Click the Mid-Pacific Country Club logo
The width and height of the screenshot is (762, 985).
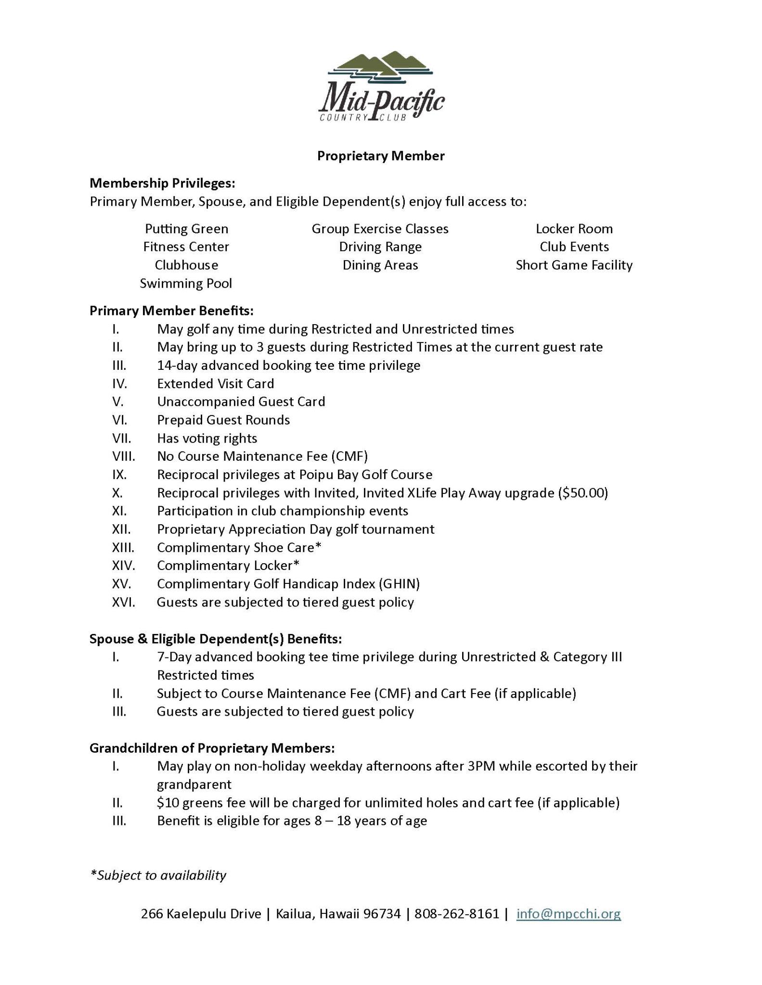point(381,87)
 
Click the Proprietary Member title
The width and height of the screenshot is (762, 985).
point(380,156)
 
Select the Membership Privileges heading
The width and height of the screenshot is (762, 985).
point(162,183)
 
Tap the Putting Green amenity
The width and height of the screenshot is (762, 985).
point(186,229)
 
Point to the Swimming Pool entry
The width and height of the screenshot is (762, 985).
point(186,283)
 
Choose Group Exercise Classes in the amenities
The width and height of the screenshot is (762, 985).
point(380,229)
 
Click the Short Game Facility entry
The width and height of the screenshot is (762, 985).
point(574,265)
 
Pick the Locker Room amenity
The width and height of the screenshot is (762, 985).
point(574,229)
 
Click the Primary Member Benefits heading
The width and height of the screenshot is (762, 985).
point(171,311)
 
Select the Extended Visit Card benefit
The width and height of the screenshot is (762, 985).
point(215,384)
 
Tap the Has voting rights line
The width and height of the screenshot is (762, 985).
point(207,438)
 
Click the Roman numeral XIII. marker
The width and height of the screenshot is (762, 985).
point(123,548)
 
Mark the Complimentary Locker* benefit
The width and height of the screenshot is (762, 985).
point(228,566)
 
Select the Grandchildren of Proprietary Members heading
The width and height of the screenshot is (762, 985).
point(212,748)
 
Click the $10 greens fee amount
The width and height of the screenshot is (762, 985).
point(166,803)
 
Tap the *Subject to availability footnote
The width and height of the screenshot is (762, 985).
point(158,875)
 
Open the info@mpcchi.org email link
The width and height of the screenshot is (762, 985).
point(568,913)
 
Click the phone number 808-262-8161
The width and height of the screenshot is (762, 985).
point(457,913)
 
